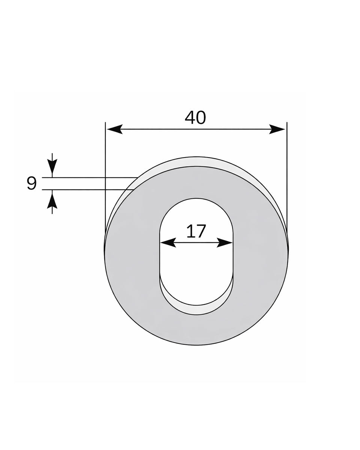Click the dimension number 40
195,118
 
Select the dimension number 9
32,183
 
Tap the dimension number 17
196,231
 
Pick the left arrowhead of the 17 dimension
168,243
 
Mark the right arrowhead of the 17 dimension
225,243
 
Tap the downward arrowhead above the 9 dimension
52,165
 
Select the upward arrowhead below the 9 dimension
52,201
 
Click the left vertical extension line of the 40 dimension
105,169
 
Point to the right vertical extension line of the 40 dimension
287,169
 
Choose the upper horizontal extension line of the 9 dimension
90,177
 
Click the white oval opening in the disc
196,262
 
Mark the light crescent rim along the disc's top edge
196,162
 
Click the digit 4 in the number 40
190,118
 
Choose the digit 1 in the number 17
190,231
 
